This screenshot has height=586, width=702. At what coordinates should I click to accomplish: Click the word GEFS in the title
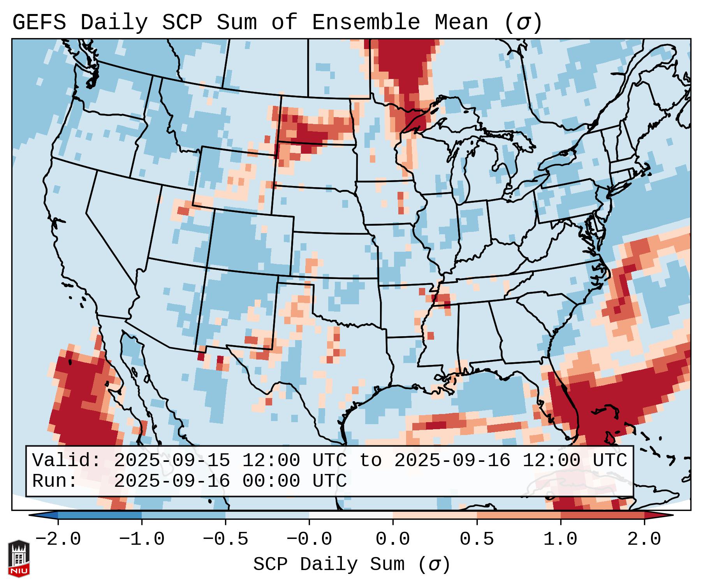click(x=39, y=23)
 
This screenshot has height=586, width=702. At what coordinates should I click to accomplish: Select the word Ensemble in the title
click(x=366, y=23)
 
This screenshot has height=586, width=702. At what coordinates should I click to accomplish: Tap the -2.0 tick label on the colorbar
click(x=58, y=539)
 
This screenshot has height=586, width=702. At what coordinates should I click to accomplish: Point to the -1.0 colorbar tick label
click(x=142, y=539)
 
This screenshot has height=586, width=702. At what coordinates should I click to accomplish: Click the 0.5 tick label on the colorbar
click(x=477, y=539)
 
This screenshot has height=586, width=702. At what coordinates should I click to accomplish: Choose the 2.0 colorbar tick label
click(x=644, y=539)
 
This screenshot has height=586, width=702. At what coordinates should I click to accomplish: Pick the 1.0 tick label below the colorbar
click(x=560, y=539)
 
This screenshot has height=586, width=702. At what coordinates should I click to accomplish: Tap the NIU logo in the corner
click(x=19, y=558)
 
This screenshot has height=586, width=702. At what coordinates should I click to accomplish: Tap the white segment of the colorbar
click(x=351, y=515)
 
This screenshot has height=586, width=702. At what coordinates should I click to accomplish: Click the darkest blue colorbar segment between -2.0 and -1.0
click(x=100, y=515)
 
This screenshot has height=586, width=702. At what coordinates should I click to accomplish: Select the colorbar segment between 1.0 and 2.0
click(x=602, y=515)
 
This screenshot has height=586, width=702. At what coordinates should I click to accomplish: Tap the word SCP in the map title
click(x=182, y=23)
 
